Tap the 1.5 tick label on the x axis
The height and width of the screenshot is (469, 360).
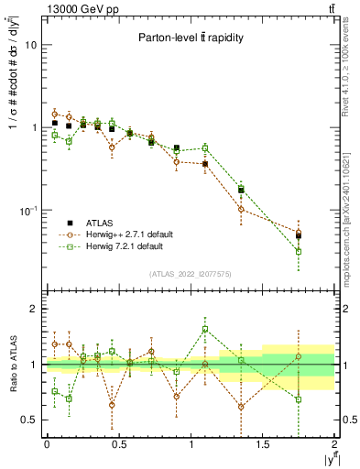[263, 443]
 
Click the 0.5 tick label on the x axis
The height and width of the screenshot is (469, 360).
[118, 443]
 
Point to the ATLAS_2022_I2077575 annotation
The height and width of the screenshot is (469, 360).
[190, 273]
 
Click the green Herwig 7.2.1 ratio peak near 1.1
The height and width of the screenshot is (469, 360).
[205, 329]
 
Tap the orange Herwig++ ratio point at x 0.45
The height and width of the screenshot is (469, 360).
[112, 404]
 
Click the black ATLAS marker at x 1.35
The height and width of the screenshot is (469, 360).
[241, 190]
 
